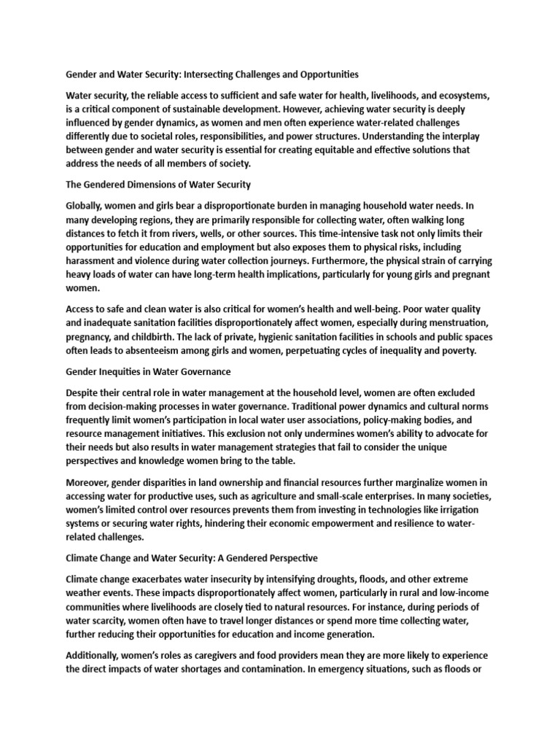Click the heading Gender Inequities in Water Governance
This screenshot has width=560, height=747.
(x=149, y=371)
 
